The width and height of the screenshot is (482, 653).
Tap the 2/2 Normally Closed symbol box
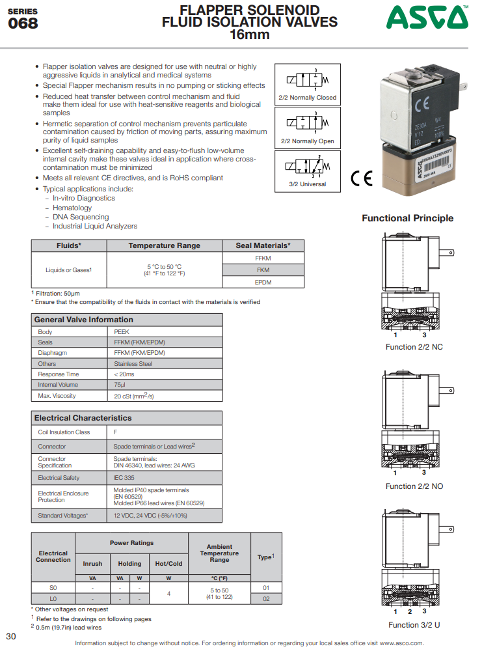308,84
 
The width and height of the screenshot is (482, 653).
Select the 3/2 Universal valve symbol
308,171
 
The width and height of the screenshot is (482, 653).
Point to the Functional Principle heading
407,218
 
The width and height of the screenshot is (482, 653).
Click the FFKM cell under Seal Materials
263,258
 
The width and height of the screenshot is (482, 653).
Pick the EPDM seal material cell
263,282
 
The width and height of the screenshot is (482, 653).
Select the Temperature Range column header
164,245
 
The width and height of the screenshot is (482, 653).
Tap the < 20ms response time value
124,374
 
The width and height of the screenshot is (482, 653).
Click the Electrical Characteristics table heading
83,418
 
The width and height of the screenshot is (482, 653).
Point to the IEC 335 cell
124,478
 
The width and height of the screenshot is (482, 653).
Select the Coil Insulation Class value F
116,432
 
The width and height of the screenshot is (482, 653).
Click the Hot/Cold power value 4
168,593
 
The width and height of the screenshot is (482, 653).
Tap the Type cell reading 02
265,598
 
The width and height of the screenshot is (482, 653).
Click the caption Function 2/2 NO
414,486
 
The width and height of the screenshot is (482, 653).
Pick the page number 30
11,636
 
